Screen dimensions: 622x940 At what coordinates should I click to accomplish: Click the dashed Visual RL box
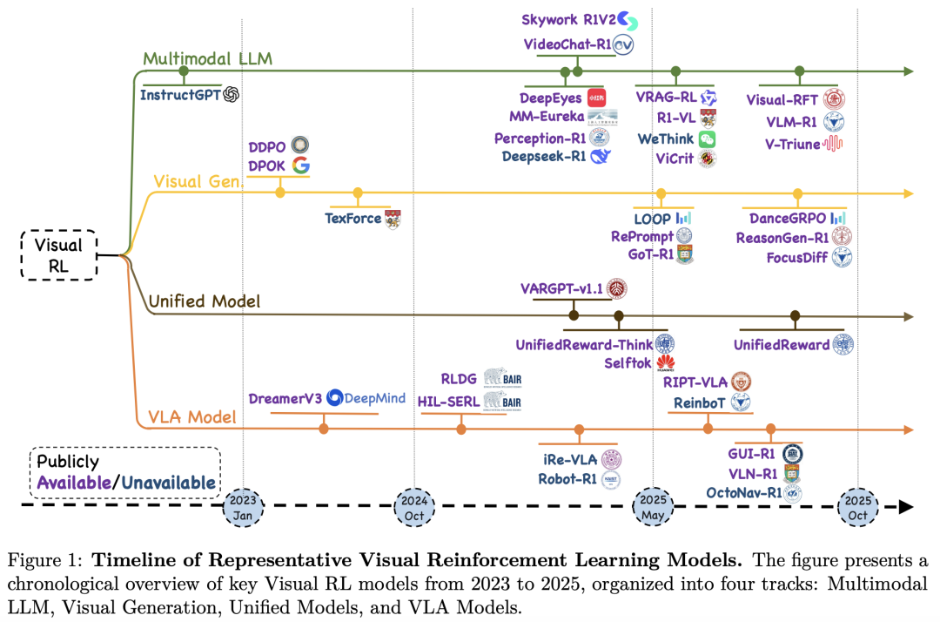click(58, 255)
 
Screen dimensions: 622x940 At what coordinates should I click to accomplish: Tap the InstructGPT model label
click(180, 95)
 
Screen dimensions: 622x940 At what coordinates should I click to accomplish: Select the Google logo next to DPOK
click(300, 166)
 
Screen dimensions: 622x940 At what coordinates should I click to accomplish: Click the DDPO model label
click(266, 145)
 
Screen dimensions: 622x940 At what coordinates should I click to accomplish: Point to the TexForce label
click(352, 218)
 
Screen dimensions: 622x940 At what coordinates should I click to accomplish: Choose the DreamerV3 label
click(285, 398)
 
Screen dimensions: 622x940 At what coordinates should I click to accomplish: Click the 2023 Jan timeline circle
click(243, 505)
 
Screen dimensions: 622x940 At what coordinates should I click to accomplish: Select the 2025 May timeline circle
click(653, 505)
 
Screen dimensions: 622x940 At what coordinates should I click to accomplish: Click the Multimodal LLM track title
click(207, 59)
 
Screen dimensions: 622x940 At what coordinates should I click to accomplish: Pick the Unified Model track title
click(205, 301)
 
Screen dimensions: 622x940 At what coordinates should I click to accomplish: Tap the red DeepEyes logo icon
click(596, 97)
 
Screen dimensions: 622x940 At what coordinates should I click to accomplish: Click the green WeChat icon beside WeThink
click(707, 139)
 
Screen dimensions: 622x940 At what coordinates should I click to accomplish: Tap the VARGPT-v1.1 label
click(562, 288)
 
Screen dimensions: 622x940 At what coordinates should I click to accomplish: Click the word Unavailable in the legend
click(169, 482)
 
